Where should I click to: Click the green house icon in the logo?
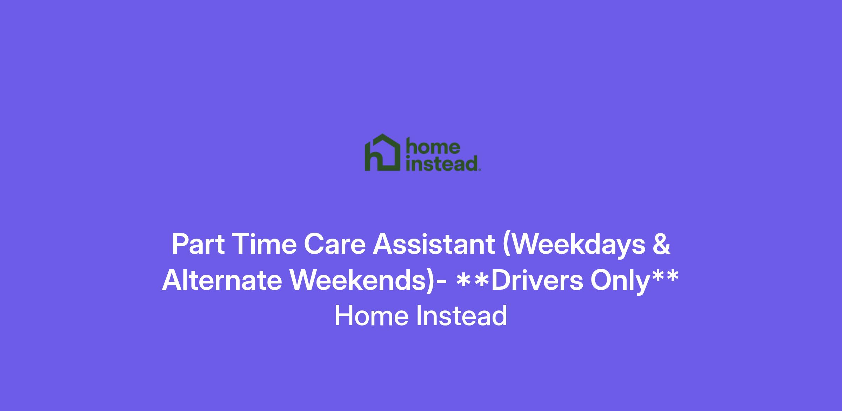point(382,152)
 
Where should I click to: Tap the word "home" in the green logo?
point(433,147)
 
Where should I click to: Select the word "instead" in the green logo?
point(442,163)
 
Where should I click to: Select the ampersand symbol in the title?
point(662,244)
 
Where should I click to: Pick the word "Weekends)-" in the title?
point(368,281)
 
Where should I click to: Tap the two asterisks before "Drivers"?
point(473,279)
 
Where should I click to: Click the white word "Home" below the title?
point(372,316)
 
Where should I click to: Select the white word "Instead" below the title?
point(462,316)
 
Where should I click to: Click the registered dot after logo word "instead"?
point(480,170)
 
